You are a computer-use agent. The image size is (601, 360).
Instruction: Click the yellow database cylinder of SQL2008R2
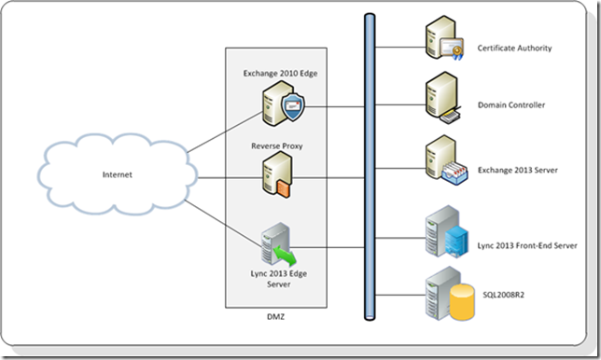pos(460,297)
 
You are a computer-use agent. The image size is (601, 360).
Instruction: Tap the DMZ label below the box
pos(277,319)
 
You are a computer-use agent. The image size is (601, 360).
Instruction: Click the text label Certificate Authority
pos(514,47)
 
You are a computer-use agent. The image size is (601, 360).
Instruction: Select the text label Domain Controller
pos(509,105)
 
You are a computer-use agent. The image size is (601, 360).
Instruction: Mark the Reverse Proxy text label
pos(276,145)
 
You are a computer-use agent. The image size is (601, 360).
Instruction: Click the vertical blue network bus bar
pos(370,168)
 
